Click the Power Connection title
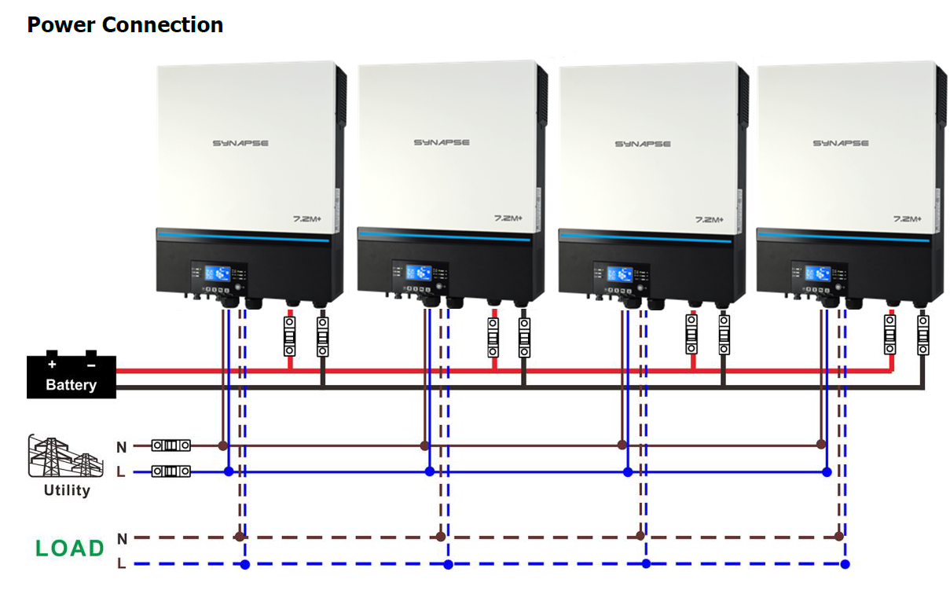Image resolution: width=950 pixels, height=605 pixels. [x=125, y=24]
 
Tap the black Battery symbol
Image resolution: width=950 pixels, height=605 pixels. [x=72, y=376]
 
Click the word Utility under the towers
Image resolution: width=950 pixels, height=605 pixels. [x=67, y=490]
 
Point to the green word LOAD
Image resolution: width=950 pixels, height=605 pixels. [x=70, y=548]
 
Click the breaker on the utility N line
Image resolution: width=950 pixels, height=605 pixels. [x=171, y=445]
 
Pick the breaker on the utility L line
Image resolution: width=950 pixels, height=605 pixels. [x=171, y=471]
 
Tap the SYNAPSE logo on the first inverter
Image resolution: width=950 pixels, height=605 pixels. [x=240, y=144]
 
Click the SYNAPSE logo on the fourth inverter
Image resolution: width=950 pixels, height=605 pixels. [x=840, y=144]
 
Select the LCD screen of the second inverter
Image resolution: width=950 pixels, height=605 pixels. [x=419, y=273]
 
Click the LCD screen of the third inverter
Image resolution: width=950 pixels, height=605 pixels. [x=619, y=273]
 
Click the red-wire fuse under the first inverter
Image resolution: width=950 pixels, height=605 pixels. [x=289, y=336]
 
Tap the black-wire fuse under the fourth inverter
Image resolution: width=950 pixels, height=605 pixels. [x=922, y=336]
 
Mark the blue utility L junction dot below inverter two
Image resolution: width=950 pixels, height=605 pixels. [x=429, y=471]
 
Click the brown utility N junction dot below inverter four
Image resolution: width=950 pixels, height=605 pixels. [x=821, y=445]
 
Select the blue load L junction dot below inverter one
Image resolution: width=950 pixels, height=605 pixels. [x=245, y=564]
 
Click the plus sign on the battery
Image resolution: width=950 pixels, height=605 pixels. [x=52, y=365]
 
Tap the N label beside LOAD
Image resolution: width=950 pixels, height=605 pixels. [x=122, y=539]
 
